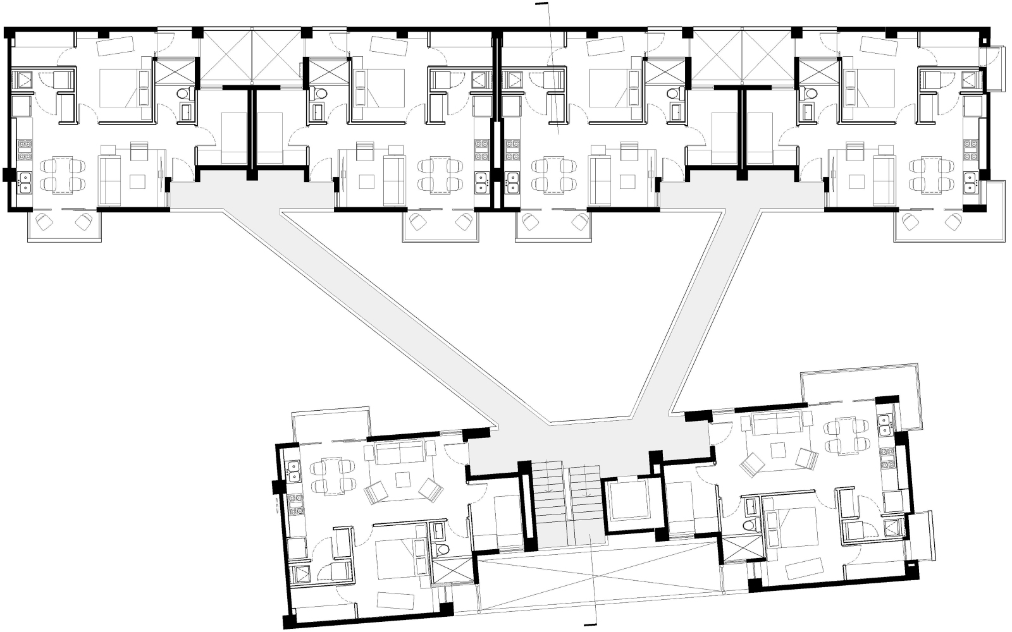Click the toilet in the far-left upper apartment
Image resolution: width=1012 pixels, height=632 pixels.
183,94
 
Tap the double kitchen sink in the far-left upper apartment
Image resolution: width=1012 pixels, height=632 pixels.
25,182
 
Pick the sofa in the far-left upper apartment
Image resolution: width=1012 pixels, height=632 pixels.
109,178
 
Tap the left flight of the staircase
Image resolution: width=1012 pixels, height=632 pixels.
548,499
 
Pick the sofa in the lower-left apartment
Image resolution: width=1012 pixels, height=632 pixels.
400,453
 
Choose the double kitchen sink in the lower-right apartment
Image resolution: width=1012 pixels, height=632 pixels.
885,424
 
